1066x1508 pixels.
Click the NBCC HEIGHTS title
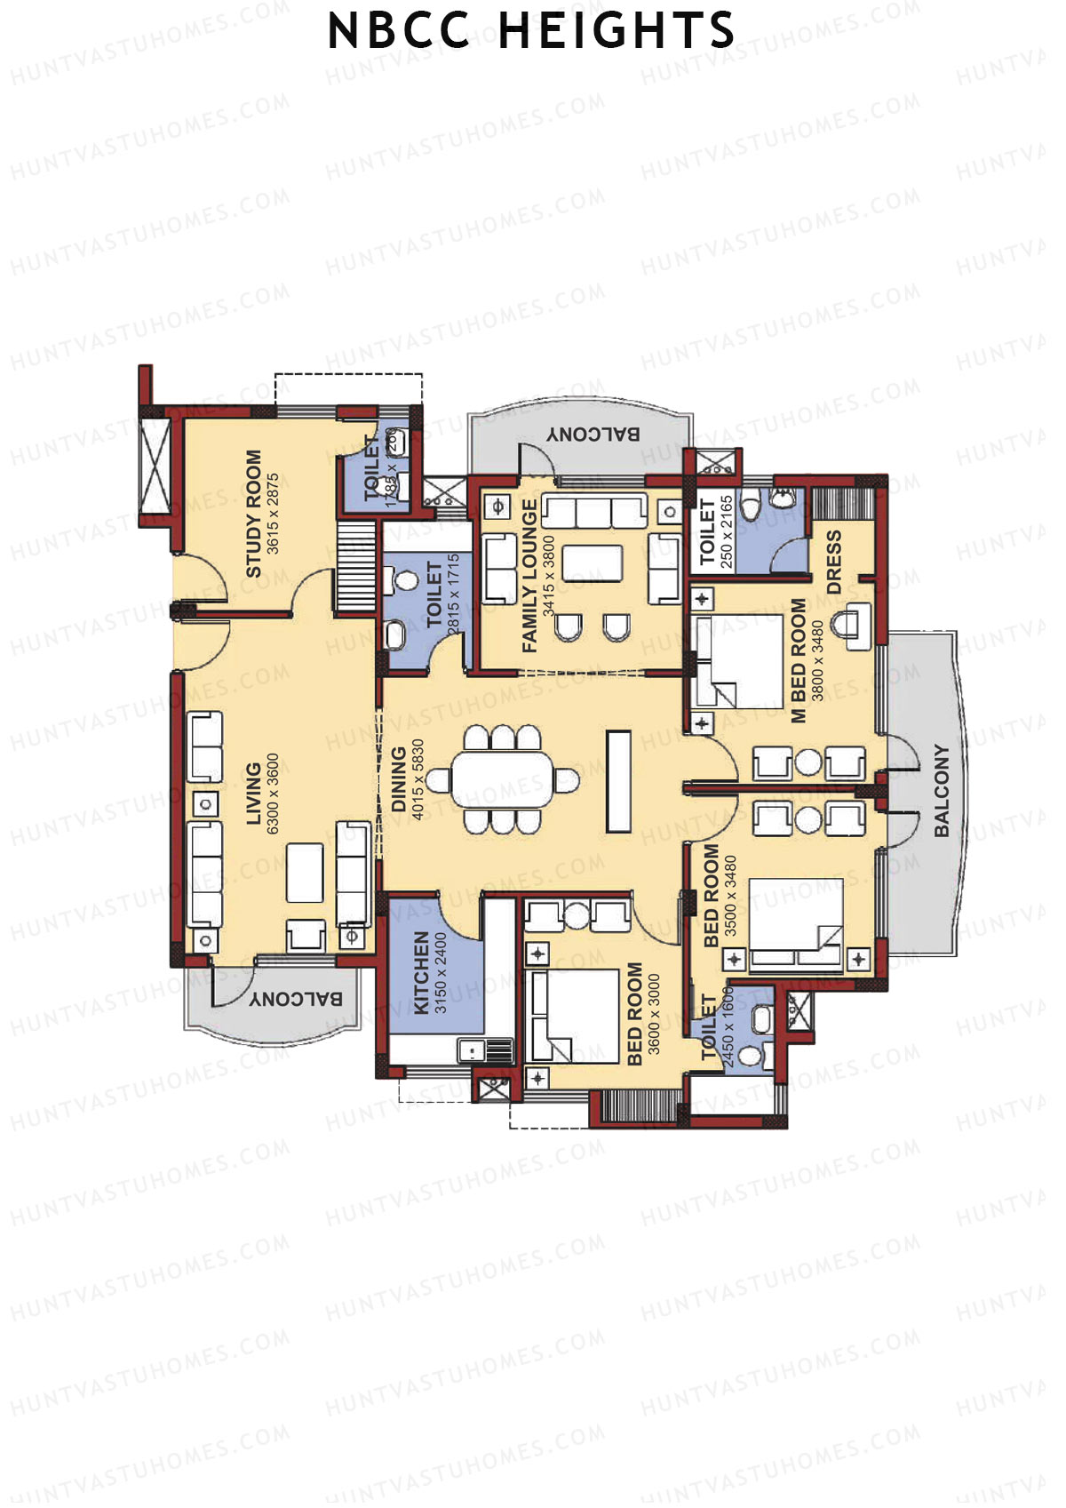click(531, 30)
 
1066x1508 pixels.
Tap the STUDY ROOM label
click(254, 513)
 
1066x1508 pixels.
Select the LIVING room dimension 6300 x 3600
click(273, 794)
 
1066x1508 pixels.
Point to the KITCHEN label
click(421, 972)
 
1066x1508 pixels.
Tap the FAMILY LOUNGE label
click(530, 576)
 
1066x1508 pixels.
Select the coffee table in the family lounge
click(593, 563)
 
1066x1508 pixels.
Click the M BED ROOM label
click(798, 659)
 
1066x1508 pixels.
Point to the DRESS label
click(833, 562)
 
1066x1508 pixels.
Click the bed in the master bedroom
click(740, 660)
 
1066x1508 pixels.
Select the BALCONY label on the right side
click(942, 790)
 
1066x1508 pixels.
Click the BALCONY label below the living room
click(296, 999)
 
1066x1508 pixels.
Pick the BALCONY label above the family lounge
click(593, 434)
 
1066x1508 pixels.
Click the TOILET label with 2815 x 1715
click(434, 594)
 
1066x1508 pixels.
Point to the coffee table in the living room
click(305, 872)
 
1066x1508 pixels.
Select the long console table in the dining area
click(618, 781)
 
